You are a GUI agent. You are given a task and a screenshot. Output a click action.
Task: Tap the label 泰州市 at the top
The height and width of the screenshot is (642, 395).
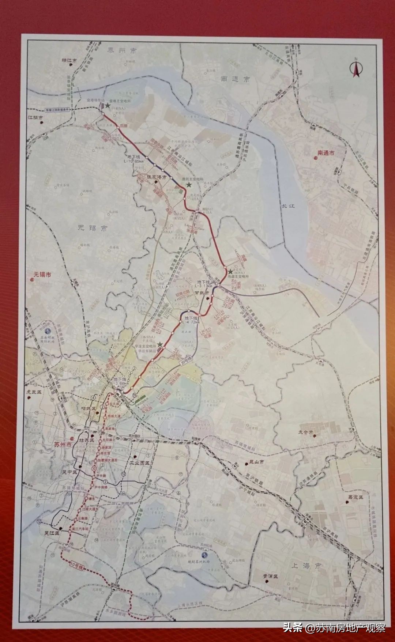tap(122, 50)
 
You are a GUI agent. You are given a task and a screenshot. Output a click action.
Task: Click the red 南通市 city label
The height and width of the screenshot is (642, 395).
tap(326, 153)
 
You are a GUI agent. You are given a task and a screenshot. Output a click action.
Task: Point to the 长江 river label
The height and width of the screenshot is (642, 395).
tap(288, 206)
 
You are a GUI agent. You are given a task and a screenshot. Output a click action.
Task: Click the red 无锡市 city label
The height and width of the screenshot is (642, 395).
tap(42, 274)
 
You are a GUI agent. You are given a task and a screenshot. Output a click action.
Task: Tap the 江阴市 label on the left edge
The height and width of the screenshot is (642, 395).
tap(35, 118)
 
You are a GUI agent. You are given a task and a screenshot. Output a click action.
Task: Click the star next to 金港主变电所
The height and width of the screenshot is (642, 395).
tap(108, 105)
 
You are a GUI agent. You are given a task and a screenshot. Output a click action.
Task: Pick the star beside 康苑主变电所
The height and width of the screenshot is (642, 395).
tap(188, 185)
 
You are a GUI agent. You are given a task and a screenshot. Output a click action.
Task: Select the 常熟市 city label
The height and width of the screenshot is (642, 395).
tap(202, 293)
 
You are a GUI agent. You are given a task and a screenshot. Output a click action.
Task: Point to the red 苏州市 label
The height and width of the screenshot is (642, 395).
tap(63, 445)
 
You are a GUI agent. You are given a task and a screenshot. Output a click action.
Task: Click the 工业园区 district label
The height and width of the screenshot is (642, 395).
tap(140, 463)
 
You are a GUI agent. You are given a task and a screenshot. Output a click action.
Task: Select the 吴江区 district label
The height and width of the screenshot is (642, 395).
tap(52, 533)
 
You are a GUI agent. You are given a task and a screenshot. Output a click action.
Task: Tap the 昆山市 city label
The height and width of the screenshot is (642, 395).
tap(256, 462)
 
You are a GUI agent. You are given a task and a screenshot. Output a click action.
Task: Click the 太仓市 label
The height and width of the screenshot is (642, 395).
tap(305, 432)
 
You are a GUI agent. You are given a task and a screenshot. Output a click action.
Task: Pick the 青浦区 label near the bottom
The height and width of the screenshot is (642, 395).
tap(270, 576)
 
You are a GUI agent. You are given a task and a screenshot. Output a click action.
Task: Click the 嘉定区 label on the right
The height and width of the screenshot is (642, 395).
tap(355, 497)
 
